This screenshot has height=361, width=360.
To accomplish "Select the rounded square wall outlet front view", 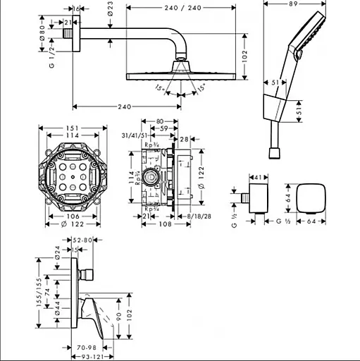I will (311, 199).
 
